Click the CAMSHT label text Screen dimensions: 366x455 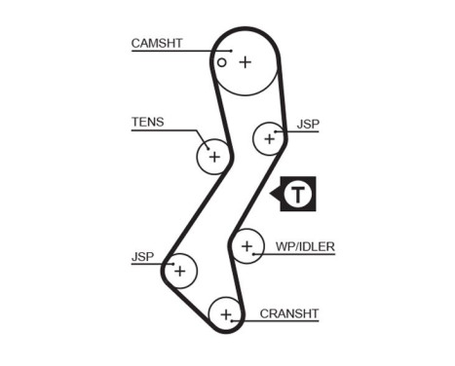[x=157, y=43]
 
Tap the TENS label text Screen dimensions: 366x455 [x=147, y=123]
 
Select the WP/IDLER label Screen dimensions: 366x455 [x=304, y=247]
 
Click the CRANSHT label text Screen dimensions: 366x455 [x=289, y=313]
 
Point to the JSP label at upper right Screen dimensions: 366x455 [x=308, y=124]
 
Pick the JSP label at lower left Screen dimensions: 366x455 [x=142, y=258]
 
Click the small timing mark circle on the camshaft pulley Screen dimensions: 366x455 [x=222, y=62]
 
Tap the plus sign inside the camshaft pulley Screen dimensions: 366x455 [x=246, y=61]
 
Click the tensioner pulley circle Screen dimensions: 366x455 [x=213, y=156]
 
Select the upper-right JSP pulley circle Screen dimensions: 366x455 [x=269, y=138]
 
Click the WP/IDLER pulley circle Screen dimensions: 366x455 [x=246, y=246]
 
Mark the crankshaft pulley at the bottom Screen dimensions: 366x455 [x=226, y=313]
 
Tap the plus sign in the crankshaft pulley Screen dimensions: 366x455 [x=226, y=313]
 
